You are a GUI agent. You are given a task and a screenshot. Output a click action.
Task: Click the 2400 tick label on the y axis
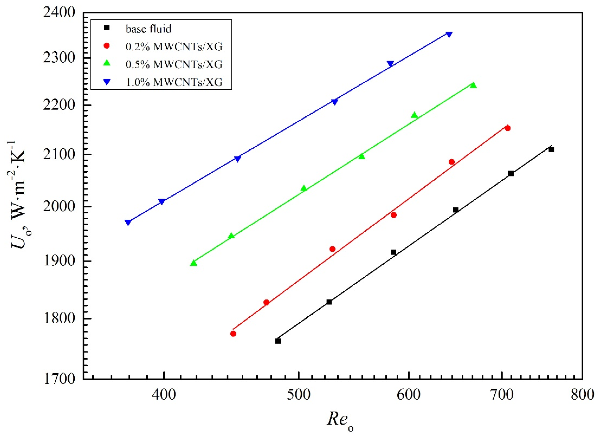[x=59, y=13]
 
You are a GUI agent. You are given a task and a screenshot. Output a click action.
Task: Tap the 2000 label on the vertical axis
[x=59, y=207]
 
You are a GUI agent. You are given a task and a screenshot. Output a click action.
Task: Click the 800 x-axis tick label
[x=582, y=395]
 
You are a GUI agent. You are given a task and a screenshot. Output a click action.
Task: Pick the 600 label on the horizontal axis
[x=409, y=395]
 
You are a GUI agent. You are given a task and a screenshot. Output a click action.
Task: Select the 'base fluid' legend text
[x=149, y=29]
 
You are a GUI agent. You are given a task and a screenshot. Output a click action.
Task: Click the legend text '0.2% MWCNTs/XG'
[x=174, y=47]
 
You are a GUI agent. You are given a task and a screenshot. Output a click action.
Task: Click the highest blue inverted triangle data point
[x=449, y=34]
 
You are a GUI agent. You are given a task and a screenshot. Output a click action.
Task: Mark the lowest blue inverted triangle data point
[x=128, y=223]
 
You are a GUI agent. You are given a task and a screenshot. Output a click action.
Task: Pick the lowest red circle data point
[x=233, y=334]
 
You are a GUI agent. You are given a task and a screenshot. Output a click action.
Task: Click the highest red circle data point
[x=507, y=128]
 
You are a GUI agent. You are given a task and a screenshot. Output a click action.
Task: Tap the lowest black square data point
[x=278, y=341]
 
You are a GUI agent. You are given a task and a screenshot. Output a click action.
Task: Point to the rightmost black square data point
[x=551, y=149]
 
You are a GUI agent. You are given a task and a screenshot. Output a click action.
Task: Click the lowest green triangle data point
[x=194, y=263]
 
